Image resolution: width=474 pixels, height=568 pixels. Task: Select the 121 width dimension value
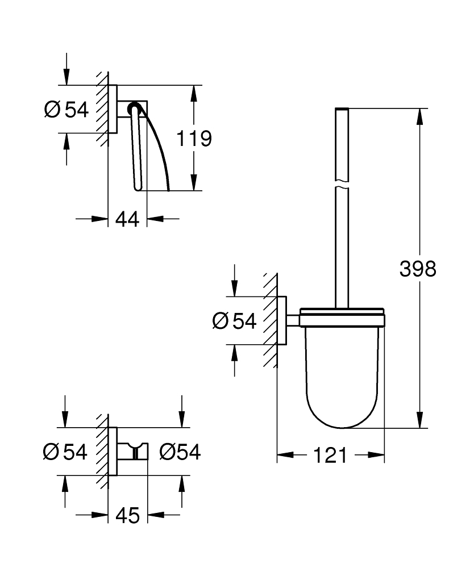click(330, 454)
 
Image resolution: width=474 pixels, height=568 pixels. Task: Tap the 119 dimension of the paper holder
click(194, 138)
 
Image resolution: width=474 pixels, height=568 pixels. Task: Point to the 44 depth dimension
click(127, 219)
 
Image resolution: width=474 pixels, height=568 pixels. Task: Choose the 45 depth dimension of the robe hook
click(127, 515)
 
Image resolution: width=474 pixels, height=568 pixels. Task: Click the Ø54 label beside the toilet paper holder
click(66, 109)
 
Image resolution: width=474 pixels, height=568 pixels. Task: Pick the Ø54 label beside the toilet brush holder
click(235, 321)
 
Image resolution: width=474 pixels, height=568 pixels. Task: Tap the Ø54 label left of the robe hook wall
click(65, 452)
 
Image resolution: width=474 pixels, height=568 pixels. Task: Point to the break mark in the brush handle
click(341, 185)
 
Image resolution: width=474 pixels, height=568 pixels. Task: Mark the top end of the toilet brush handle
click(341, 109)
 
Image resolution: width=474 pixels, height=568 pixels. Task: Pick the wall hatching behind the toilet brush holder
click(271, 321)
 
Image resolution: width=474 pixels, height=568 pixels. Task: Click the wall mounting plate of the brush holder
click(282, 321)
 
